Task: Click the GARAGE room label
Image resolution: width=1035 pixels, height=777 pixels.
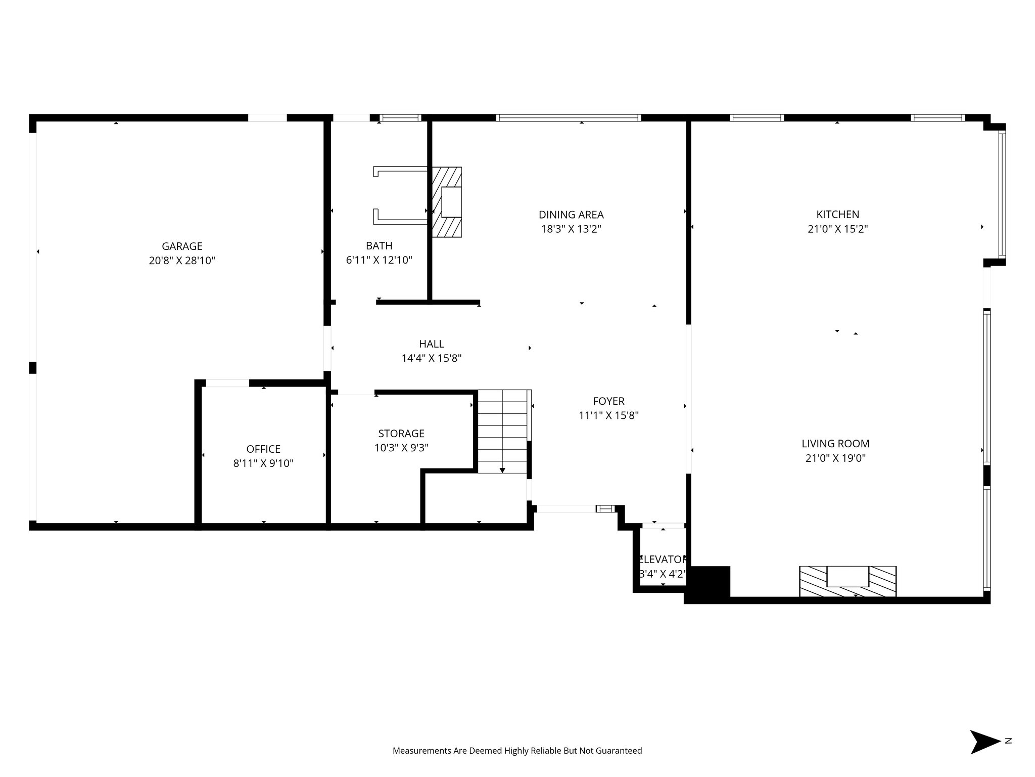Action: coord(182,246)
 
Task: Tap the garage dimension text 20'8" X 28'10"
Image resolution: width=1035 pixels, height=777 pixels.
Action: coord(182,261)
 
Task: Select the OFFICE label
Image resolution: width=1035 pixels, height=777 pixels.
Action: coord(263,449)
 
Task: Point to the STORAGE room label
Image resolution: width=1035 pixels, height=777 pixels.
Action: coord(401,434)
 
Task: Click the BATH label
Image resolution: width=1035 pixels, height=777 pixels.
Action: coord(379,246)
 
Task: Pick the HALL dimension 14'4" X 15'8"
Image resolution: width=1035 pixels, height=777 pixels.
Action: coord(432,359)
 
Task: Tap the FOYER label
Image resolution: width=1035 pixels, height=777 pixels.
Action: coord(608,401)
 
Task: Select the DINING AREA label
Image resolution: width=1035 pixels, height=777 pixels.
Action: coord(571,214)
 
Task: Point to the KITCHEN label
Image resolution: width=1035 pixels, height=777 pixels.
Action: coord(837,214)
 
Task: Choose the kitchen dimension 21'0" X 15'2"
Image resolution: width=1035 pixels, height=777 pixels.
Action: coord(837,229)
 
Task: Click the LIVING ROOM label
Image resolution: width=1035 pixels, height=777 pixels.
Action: coord(835,444)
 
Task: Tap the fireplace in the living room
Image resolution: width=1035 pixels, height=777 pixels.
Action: coord(848,581)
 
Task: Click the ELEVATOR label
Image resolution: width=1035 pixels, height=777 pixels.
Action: coord(663,560)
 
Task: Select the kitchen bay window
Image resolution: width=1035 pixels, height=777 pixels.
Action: coord(1002,195)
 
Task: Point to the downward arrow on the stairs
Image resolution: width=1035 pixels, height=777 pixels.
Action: coord(502,470)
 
